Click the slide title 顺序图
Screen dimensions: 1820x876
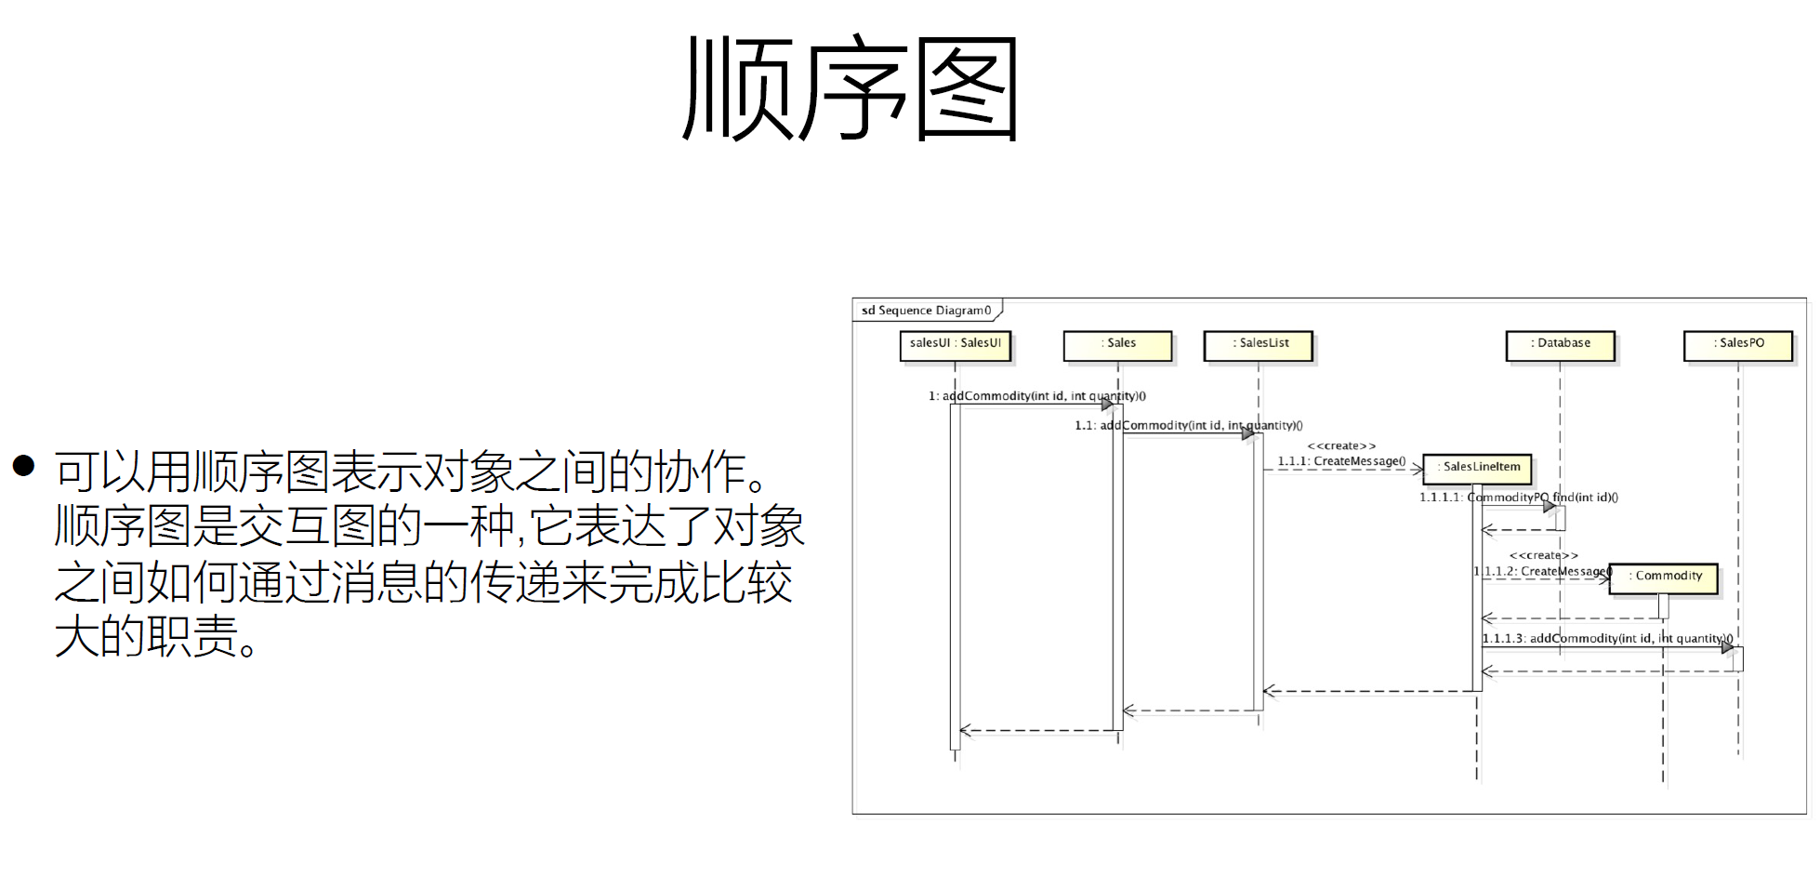coord(850,89)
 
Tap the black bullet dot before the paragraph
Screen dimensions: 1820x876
coord(24,465)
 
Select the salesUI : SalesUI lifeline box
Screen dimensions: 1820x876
coord(955,344)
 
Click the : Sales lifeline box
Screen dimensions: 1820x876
coord(1117,344)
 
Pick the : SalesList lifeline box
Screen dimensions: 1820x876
coord(1259,344)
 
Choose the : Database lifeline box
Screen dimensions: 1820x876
coord(1560,344)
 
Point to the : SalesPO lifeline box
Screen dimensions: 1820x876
coord(1737,344)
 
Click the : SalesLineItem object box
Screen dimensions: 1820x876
coord(1477,468)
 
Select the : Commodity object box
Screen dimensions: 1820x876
coord(1664,577)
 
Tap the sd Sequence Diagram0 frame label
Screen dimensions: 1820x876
coord(926,311)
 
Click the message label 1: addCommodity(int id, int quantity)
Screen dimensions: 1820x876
coord(1036,396)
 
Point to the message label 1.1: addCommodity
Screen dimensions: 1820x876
coord(1188,426)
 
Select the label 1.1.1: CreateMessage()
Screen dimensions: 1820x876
coord(1341,461)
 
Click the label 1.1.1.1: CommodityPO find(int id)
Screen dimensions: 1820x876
coord(1518,498)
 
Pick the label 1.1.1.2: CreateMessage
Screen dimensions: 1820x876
coord(1543,571)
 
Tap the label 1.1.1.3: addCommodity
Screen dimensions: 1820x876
coord(1606,638)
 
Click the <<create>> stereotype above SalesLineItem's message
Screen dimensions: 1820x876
coord(1341,446)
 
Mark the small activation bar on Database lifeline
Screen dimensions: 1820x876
coord(1561,518)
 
